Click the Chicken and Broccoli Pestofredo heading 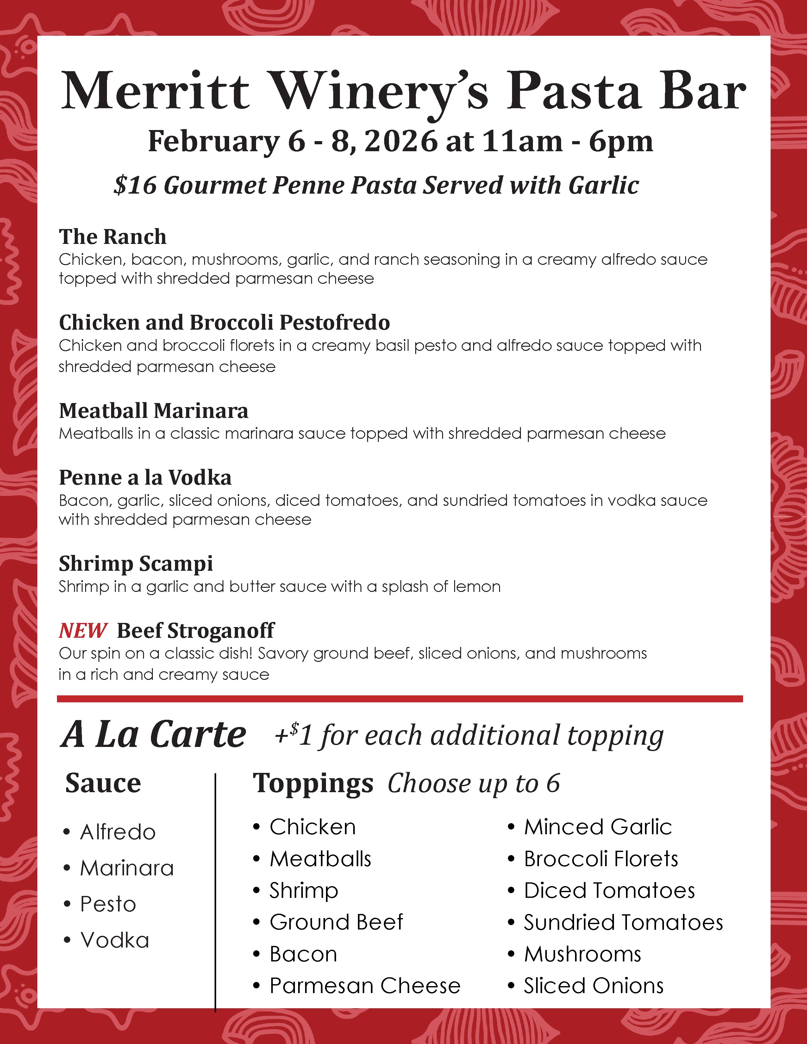coord(224,323)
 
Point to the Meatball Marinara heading coord(153,411)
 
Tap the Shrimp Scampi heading coord(136,563)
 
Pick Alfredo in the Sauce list coord(118,832)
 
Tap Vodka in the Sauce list coord(115,940)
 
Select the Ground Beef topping coord(336,922)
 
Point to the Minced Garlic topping coord(597,827)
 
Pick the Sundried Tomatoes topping coord(623,923)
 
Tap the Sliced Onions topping coord(593,986)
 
